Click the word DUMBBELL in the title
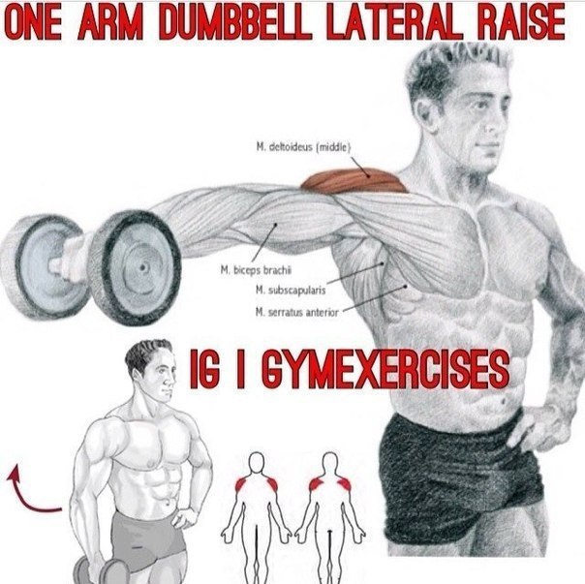pos(235,23)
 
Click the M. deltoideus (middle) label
pos(303,148)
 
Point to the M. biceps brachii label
pos(256,270)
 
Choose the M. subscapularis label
pos(291,291)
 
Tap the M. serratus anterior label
pos(297,312)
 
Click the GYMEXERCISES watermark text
pos(385,369)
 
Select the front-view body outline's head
pos(257,463)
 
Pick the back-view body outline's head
pos(329,463)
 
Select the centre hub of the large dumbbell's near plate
pos(142,267)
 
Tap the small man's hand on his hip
pos(184,517)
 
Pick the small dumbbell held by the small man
pos(102,571)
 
